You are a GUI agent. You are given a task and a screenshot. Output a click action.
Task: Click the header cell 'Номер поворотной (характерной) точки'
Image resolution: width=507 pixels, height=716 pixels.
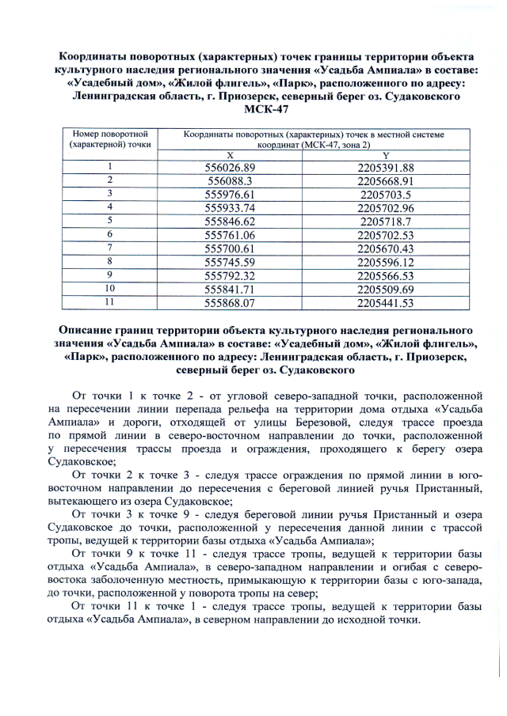point(110,140)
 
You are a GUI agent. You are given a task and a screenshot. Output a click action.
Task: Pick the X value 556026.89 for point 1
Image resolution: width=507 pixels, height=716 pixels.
point(231,168)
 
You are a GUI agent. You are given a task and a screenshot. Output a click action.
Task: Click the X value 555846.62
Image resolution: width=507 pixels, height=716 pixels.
point(231,221)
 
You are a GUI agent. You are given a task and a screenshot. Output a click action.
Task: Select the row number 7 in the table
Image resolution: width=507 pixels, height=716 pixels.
point(110,248)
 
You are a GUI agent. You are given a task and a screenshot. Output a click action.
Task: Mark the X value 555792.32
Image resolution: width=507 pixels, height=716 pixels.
point(231,275)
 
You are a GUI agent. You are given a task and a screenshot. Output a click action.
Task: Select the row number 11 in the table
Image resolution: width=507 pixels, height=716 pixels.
point(110,301)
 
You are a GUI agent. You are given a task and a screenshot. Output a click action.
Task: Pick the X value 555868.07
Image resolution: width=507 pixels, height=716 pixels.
point(231,302)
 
